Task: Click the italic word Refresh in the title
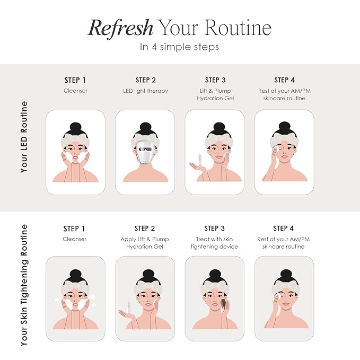click(x=120, y=28)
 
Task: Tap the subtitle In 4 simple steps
click(x=179, y=47)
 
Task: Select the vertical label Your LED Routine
click(x=24, y=137)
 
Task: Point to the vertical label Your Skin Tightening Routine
click(x=24, y=285)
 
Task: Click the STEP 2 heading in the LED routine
click(x=146, y=80)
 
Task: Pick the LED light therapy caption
click(x=146, y=91)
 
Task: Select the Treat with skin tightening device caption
click(x=214, y=243)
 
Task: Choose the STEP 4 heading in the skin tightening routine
click(x=283, y=229)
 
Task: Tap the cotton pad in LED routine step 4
click(x=277, y=149)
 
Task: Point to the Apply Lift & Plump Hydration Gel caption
click(x=145, y=243)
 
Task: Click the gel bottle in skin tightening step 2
click(x=129, y=308)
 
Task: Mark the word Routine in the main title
click(x=238, y=28)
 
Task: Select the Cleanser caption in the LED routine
click(x=75, y=91)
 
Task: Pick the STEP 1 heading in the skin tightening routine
click(x=74, y=229)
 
